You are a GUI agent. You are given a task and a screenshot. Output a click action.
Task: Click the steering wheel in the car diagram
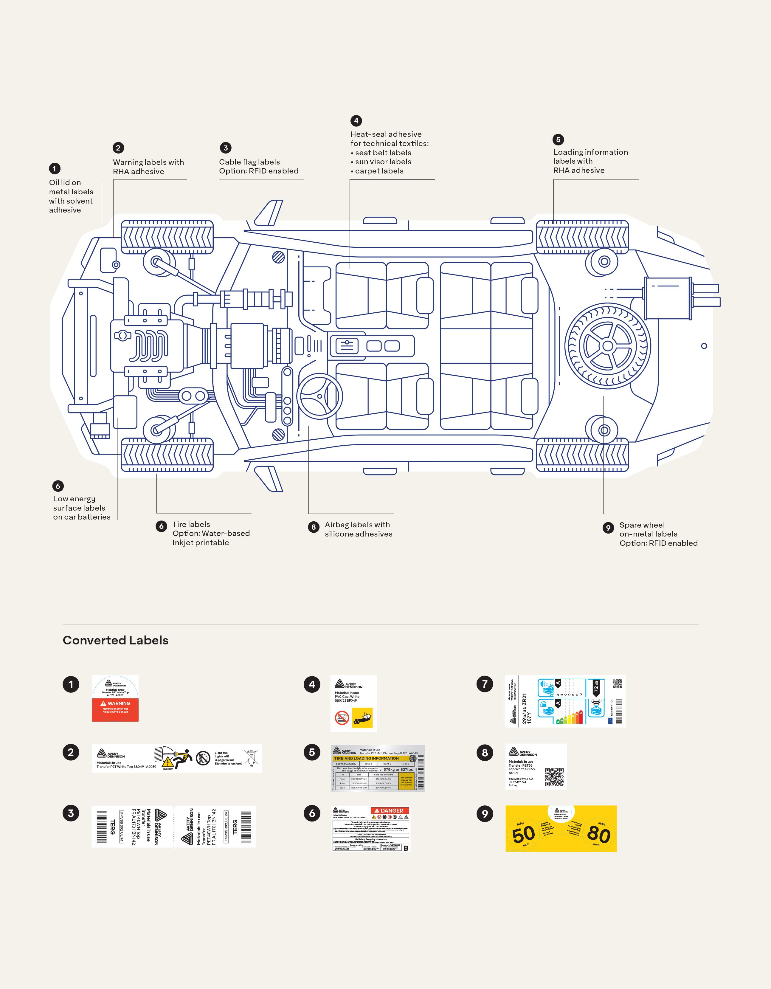click(x=319, y=396)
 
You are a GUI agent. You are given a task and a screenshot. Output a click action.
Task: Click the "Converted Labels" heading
click(x=115, y=640)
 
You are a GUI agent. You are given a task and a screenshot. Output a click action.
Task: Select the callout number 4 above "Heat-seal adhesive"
click(x=356, y=120)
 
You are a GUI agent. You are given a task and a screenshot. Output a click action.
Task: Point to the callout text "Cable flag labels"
click(x=249, y=162)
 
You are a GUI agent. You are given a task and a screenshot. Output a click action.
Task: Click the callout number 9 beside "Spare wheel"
click(x=608, y=528)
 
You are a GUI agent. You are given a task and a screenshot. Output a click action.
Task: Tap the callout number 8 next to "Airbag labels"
click(x=313, y=527)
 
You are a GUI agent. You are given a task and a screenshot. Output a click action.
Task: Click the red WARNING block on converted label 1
click(x=115, y=709)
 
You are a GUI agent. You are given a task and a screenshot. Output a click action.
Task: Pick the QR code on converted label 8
click(x=554, y=777)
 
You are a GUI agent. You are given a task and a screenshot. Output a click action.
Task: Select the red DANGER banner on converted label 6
click(x=390, y=810)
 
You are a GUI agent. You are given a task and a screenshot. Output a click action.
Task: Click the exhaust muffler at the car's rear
click(x=668, y=297)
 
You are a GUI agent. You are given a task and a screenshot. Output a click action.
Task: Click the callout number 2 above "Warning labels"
click(x=118, y=148)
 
